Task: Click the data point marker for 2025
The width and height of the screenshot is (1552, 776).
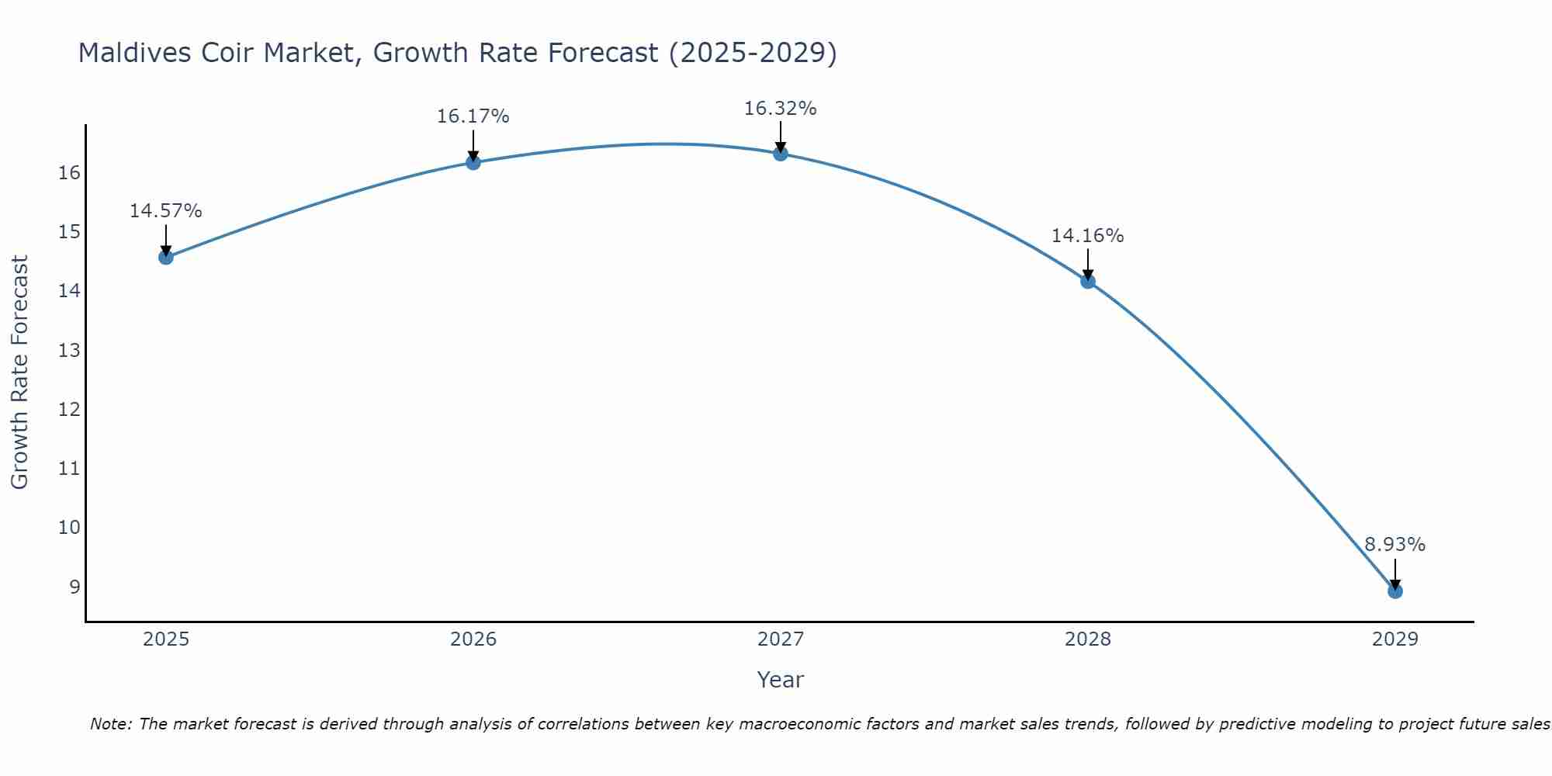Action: point(166,257)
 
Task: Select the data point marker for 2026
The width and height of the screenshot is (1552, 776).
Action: point(473,162)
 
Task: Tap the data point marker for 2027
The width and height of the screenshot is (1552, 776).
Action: point(781,154)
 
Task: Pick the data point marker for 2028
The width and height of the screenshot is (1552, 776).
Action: point(1088,281)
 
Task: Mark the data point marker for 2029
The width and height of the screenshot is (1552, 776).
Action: point(1395,591)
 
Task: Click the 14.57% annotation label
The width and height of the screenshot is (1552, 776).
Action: point(166,211)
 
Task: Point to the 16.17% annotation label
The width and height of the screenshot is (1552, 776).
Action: point(473,116)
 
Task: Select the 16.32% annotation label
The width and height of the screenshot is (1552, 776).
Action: point(781,109)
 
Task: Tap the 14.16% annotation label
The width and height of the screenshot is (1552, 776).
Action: point(1088,236)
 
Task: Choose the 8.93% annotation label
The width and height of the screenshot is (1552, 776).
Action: point(1395,545)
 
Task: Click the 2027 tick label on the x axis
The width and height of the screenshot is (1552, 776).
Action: point(781,639)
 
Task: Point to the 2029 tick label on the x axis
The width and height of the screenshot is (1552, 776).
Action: point(1395,639)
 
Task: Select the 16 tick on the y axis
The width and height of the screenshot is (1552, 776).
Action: point(69,172)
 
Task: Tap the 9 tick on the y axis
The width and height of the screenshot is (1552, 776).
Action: point(74,587)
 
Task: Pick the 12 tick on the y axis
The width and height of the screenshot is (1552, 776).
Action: point(69,409)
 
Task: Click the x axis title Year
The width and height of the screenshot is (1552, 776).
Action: point(781,680)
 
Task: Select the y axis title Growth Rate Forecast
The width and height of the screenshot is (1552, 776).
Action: point(19,372)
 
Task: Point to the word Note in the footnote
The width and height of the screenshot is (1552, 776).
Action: point(111,724)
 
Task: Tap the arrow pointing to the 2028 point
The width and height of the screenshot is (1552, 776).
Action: point(1088,264)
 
